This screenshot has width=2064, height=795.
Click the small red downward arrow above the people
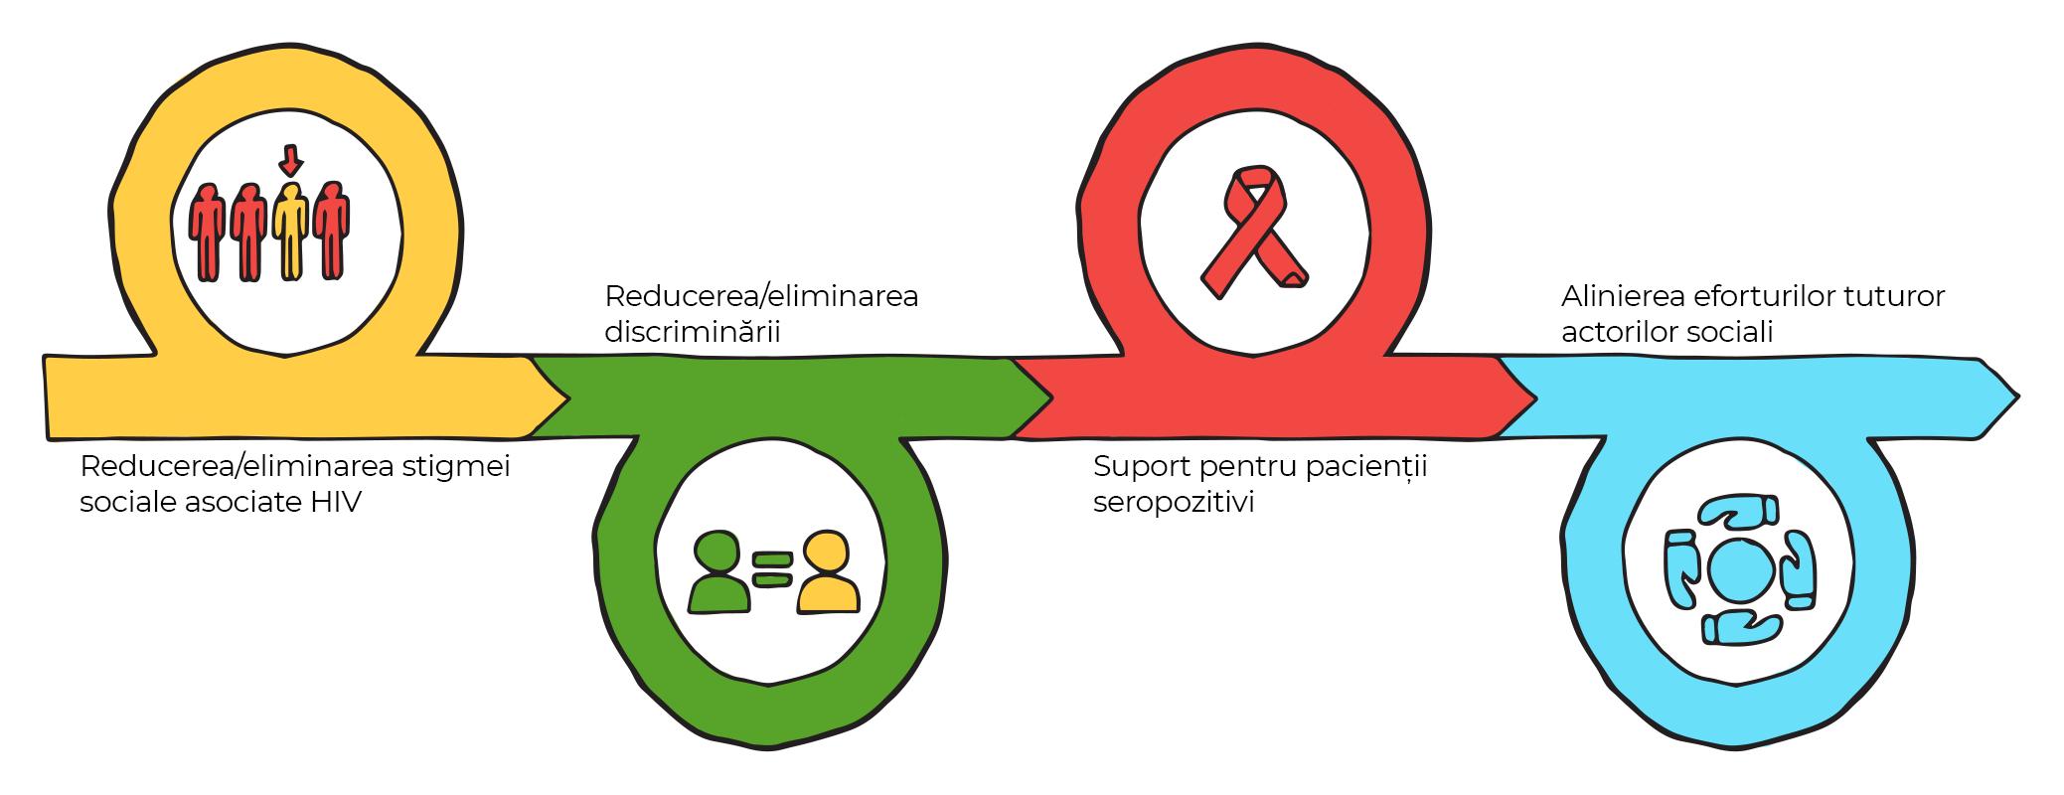(x=290, y=159)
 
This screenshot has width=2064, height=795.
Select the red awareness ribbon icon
(x=1254, y=233)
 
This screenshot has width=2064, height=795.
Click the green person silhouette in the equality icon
(x=718, y=575)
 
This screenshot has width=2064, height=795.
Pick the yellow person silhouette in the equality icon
(x=827, y=573)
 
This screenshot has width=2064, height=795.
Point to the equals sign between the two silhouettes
(x=772, y=569)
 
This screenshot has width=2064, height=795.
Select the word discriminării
(x=692, y=331)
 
